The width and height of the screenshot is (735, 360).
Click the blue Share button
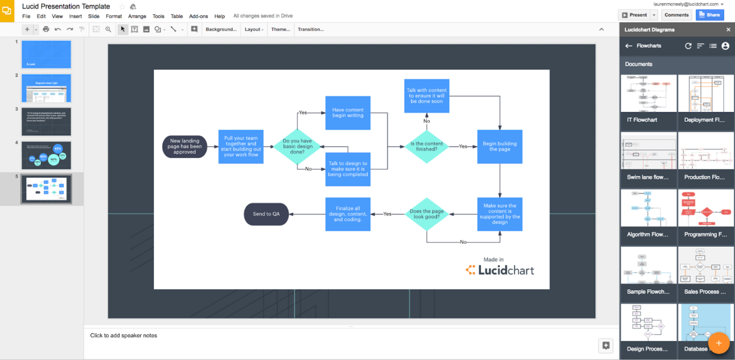pyautogui.click(x=709, y=15)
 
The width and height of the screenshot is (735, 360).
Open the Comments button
pyautogui.click(x=676, y=15)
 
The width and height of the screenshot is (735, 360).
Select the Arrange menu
pyautogui.click(x=137, y=16)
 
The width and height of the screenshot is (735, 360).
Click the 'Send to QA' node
pyautogui.click(x=266, y=214)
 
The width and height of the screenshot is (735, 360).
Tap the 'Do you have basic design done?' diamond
pyautogui.click(x=297, y=146)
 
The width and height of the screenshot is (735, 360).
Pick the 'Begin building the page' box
pyautogui.click(x=499, y=146)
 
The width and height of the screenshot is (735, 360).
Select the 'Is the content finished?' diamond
pyautogui.click(x=426, y=146)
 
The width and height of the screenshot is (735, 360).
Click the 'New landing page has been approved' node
pyautogui.click(x=185, y=146)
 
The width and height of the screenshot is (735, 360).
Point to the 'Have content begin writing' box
pyautogui.click(x=348, y=113)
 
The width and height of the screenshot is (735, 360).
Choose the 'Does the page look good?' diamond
pyautogui.click(x=426, y=214)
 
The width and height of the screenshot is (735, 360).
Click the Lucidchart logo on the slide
pyautogui.click(x=500, y=270)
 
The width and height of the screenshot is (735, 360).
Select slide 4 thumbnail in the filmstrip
pyautogui.click(x=46, y=155)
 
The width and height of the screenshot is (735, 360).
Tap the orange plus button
pyautogui.click(x=719, y=343)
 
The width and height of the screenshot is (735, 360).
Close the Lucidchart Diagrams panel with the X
pyautogui.click(x=728, y=30)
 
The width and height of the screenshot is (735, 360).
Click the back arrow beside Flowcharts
pyautogui.click(x=628, y=46)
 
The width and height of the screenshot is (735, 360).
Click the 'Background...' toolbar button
pyautogui.click(x=221, y=29)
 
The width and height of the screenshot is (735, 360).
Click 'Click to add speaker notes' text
pyautogui.click(x=123, y=335)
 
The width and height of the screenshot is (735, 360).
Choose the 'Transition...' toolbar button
pyautogui.click(x=311, y=29)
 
